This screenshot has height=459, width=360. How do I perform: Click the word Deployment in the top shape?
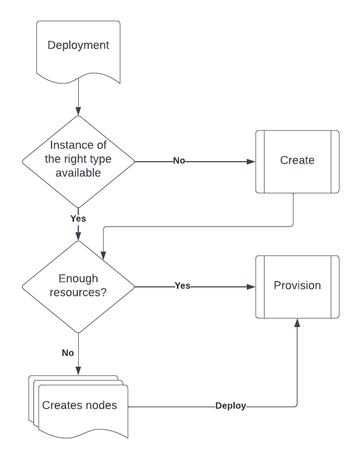(x=78, y=45)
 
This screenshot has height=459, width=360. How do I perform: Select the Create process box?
(x=297, y=162)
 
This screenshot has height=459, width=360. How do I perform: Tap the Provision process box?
(x=297, y=287)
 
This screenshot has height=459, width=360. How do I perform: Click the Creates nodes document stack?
(x=78, y=407)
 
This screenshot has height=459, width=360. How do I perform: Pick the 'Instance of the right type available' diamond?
(x=78, y=162)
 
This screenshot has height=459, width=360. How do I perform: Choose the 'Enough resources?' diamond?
(x=78, y=287)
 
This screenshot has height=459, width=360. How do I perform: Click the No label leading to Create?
(x=179, y=161)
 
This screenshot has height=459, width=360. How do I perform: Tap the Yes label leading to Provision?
(x=183, y=286)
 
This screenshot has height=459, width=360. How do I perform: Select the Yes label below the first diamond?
(x=78, y=219)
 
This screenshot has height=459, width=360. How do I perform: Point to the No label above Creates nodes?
(x=68, y=353)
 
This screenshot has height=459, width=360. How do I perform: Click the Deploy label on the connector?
(x=231, y=406)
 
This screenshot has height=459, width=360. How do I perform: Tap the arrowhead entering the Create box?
(x=251, y=162)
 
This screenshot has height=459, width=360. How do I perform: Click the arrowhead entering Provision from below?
(x=297, y=322)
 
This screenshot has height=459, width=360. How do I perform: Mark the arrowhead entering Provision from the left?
(x=251, y=287)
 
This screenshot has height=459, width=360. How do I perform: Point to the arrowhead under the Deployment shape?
(x=78, y=111)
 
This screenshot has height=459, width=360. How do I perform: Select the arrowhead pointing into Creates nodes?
(x=78, y=371)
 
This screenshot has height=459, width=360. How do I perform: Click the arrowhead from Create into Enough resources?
(x=103, y=256)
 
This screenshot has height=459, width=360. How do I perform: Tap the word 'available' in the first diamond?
(x=78, y=173)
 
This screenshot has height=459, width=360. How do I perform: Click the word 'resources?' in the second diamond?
(x=78, y=293)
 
